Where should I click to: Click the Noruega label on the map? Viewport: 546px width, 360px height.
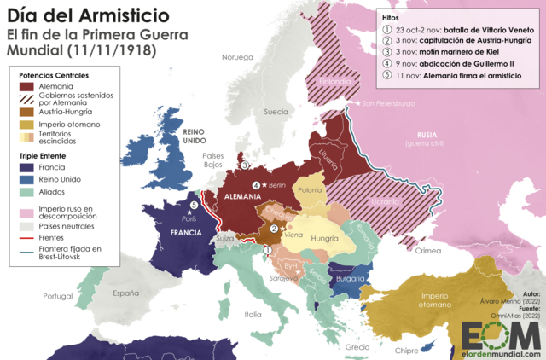(x=238, y=57)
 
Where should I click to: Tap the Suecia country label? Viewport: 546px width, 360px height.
(x=276, y=112)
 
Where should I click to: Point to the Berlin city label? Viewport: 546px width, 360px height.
(x=276, y=184)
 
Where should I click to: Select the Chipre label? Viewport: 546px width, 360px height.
(x=408, y=350)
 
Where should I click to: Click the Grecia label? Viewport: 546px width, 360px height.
(x=357, y=346)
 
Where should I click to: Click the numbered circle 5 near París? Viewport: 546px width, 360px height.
(x=195, y=205)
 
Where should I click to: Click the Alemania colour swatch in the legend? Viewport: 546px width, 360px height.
(x=28, y=87)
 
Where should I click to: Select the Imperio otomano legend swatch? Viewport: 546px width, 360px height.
(x=28, y=125)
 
